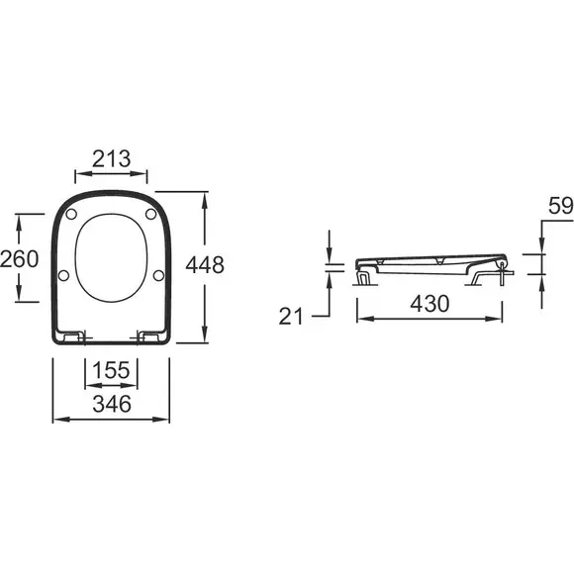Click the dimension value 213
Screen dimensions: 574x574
(111, 159)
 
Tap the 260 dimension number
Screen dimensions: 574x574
(20, 258)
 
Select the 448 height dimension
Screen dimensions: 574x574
(205, 264)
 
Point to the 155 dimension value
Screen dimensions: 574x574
(111, 370)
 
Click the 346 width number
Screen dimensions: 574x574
(112, 404)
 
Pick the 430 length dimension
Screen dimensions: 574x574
(430, 304)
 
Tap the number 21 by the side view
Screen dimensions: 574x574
(291, 317)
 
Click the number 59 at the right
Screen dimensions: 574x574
(560, 206)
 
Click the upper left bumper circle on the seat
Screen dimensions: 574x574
(71, 214)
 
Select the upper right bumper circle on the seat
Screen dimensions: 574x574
(150, 214)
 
